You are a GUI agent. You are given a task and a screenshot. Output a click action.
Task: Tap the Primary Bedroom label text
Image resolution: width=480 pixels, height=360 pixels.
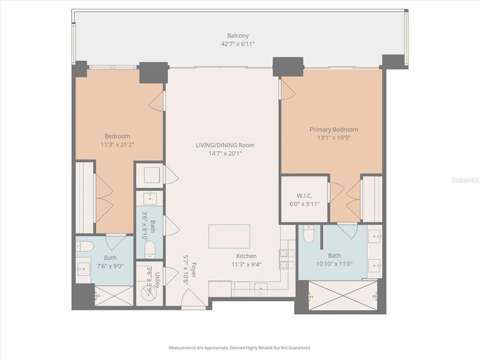click(x=334, y=130)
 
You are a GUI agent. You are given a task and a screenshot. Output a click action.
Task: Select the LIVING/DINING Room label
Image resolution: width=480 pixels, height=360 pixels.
click(x=225, y=145)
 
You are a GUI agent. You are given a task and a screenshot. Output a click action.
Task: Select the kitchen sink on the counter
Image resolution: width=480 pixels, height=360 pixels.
click(x=262, y=290)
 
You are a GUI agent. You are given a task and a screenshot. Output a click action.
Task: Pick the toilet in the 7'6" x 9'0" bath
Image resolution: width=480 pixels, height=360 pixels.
click(x=85, y=246)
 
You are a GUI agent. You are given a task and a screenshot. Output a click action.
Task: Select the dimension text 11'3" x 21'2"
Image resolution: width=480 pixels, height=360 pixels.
click(x=117, y=144)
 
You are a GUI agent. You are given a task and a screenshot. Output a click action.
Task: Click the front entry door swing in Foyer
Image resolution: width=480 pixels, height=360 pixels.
click(x=192, y=298)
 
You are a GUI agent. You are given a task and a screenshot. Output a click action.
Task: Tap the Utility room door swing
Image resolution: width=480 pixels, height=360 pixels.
click(x=170, y=276)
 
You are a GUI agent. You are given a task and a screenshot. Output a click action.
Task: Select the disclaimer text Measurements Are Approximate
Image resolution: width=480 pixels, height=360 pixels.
click(x=198, y=347)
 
